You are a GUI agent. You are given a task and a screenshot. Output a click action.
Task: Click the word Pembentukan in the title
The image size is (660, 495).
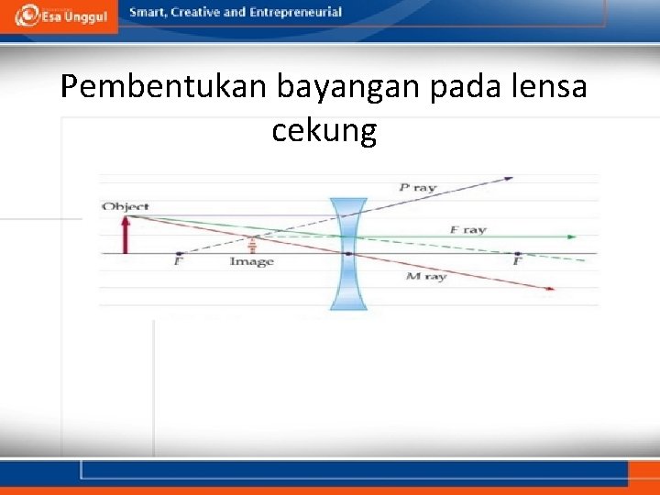click(x=161, y=88)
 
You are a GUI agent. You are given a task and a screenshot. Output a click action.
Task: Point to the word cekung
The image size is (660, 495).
click(x=324, y=132)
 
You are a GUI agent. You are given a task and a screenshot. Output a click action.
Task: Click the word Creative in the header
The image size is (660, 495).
click(x=203, y=12)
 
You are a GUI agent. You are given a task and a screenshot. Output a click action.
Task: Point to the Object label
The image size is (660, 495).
click(x=126, y=207)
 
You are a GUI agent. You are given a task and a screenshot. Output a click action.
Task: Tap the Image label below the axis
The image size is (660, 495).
click(x=251, y=262)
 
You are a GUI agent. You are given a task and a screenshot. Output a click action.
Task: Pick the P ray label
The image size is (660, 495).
click(x=418, y=188)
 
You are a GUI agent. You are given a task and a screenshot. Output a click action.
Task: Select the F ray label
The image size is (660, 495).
click(x=467, y=229)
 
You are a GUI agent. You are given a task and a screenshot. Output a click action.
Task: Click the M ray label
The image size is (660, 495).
click(x=425, y=276)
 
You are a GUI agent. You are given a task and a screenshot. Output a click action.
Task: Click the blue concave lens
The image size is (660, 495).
click(x=348, y=253)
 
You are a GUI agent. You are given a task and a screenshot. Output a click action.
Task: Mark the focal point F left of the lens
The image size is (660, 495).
click(x=178, y=254)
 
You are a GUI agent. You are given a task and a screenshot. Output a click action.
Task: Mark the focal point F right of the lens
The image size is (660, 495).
click(x=518, y=254)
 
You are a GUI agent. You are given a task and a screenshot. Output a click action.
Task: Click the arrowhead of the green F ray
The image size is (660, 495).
click(x=572, y=236)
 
